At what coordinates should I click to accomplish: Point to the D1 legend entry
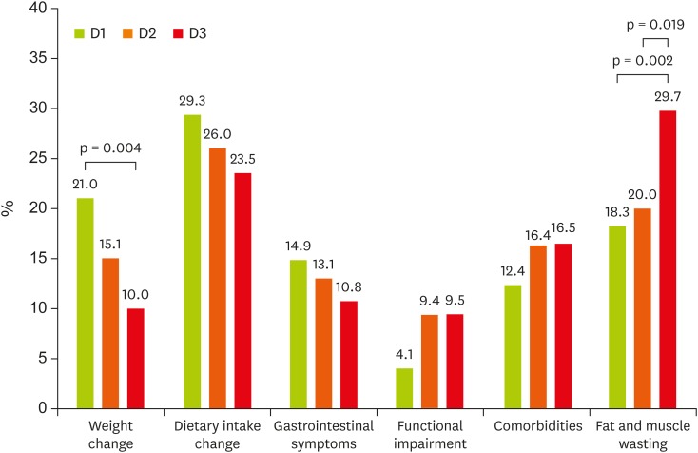click(x=91, y=33)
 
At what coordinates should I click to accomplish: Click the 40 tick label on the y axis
click(x=36, y=9)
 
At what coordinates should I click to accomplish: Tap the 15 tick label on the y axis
click(x=36, y=259)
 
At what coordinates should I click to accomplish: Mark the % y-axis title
click(x=9, y=208)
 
